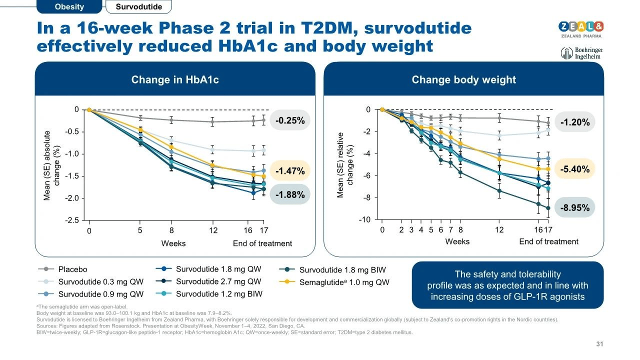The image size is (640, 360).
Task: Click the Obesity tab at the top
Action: click(69, 7)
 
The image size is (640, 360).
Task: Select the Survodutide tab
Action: click(138, 7)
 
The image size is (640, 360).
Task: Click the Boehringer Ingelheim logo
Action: click(580, 53)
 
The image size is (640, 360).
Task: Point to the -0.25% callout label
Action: click(290, 120)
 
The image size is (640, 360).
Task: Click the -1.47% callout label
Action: click(290, 171)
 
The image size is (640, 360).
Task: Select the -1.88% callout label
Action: click(290, 195)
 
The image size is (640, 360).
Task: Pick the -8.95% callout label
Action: click(575, 207)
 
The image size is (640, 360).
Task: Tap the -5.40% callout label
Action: click(575, 169)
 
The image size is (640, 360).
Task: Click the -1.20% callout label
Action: click(575, 122)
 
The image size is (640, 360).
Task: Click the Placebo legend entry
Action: click(72, 269)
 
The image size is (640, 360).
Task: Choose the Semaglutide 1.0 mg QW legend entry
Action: click(344, 282)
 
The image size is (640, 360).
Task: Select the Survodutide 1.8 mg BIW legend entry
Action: click(342, 270)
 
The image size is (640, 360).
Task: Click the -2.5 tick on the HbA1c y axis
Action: click(73, 220)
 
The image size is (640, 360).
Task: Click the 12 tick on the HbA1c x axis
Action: click(213, 231)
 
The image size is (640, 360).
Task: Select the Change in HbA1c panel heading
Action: click(175, 80)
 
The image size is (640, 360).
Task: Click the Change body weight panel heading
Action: click(463, 80)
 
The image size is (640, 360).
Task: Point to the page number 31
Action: click(600, 344)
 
